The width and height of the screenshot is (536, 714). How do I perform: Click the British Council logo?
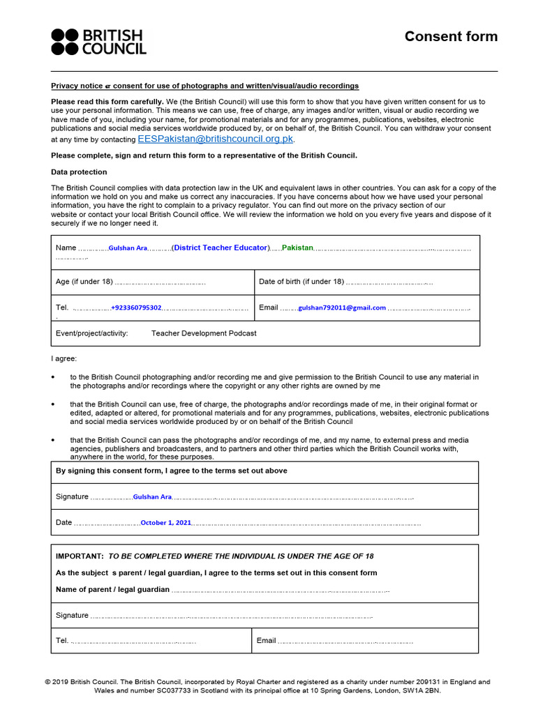point(98,42)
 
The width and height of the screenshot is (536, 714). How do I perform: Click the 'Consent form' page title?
point(451,37)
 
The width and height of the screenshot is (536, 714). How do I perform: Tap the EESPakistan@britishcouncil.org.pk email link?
point(216,139)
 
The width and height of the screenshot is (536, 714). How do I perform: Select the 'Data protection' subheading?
point(79,172)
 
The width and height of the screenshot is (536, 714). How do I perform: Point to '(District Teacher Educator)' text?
point(221,248)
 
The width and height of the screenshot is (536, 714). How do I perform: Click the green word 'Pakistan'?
point(297,248)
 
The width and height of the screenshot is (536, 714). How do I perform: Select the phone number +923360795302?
point(136,307)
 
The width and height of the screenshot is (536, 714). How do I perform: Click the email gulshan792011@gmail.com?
point(342,307)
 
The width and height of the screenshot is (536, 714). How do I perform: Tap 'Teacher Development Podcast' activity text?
point(204,333)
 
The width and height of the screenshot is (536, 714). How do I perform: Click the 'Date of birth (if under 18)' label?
point(301,282)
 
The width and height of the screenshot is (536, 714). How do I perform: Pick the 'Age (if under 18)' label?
point(84,282)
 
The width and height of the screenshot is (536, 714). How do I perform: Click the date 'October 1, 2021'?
point(165,522)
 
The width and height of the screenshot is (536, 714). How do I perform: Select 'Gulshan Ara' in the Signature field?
point(151,496)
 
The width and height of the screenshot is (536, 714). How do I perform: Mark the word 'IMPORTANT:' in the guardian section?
point(80,556)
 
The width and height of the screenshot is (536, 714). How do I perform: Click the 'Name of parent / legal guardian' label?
point(112,589)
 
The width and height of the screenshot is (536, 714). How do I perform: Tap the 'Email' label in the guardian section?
point(266,640)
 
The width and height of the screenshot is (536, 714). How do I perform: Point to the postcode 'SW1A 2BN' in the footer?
point(423,691)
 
